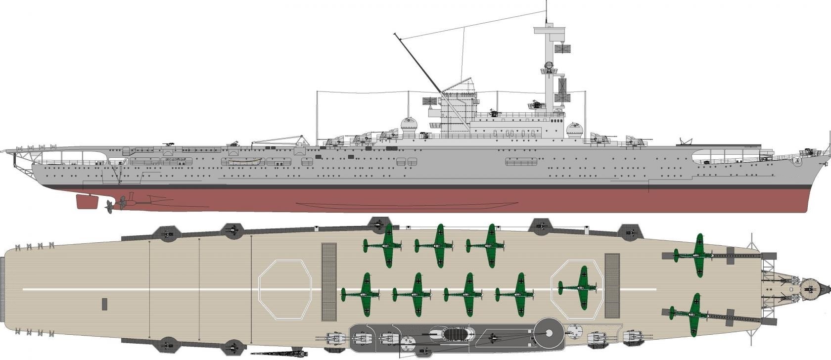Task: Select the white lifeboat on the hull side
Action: point(242,161)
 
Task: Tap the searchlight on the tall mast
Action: point(548,67)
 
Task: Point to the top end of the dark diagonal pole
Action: point(396,34)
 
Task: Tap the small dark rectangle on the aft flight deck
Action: point(104,304)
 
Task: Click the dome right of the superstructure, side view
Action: point(574,131)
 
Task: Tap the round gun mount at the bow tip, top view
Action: point(810,286)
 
